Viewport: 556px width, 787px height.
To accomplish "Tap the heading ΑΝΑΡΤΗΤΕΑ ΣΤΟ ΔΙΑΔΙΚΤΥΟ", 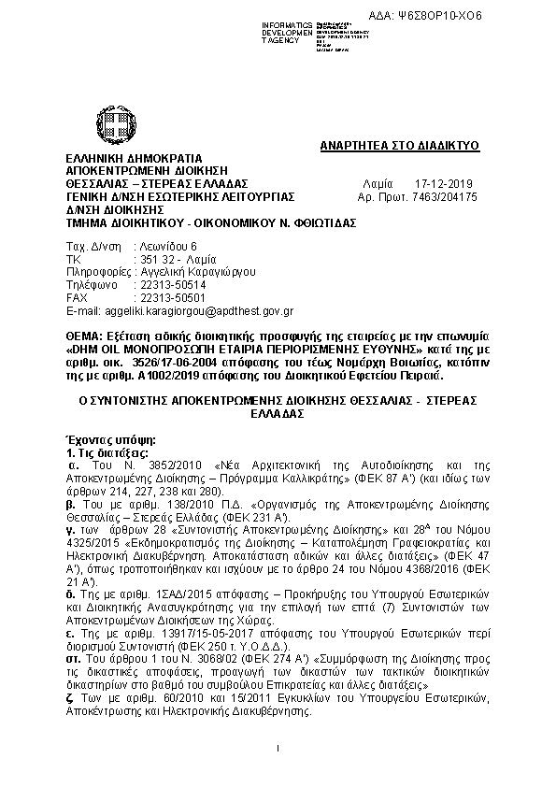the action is [399, 146].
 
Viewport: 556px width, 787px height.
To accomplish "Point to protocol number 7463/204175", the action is [445, 197].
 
